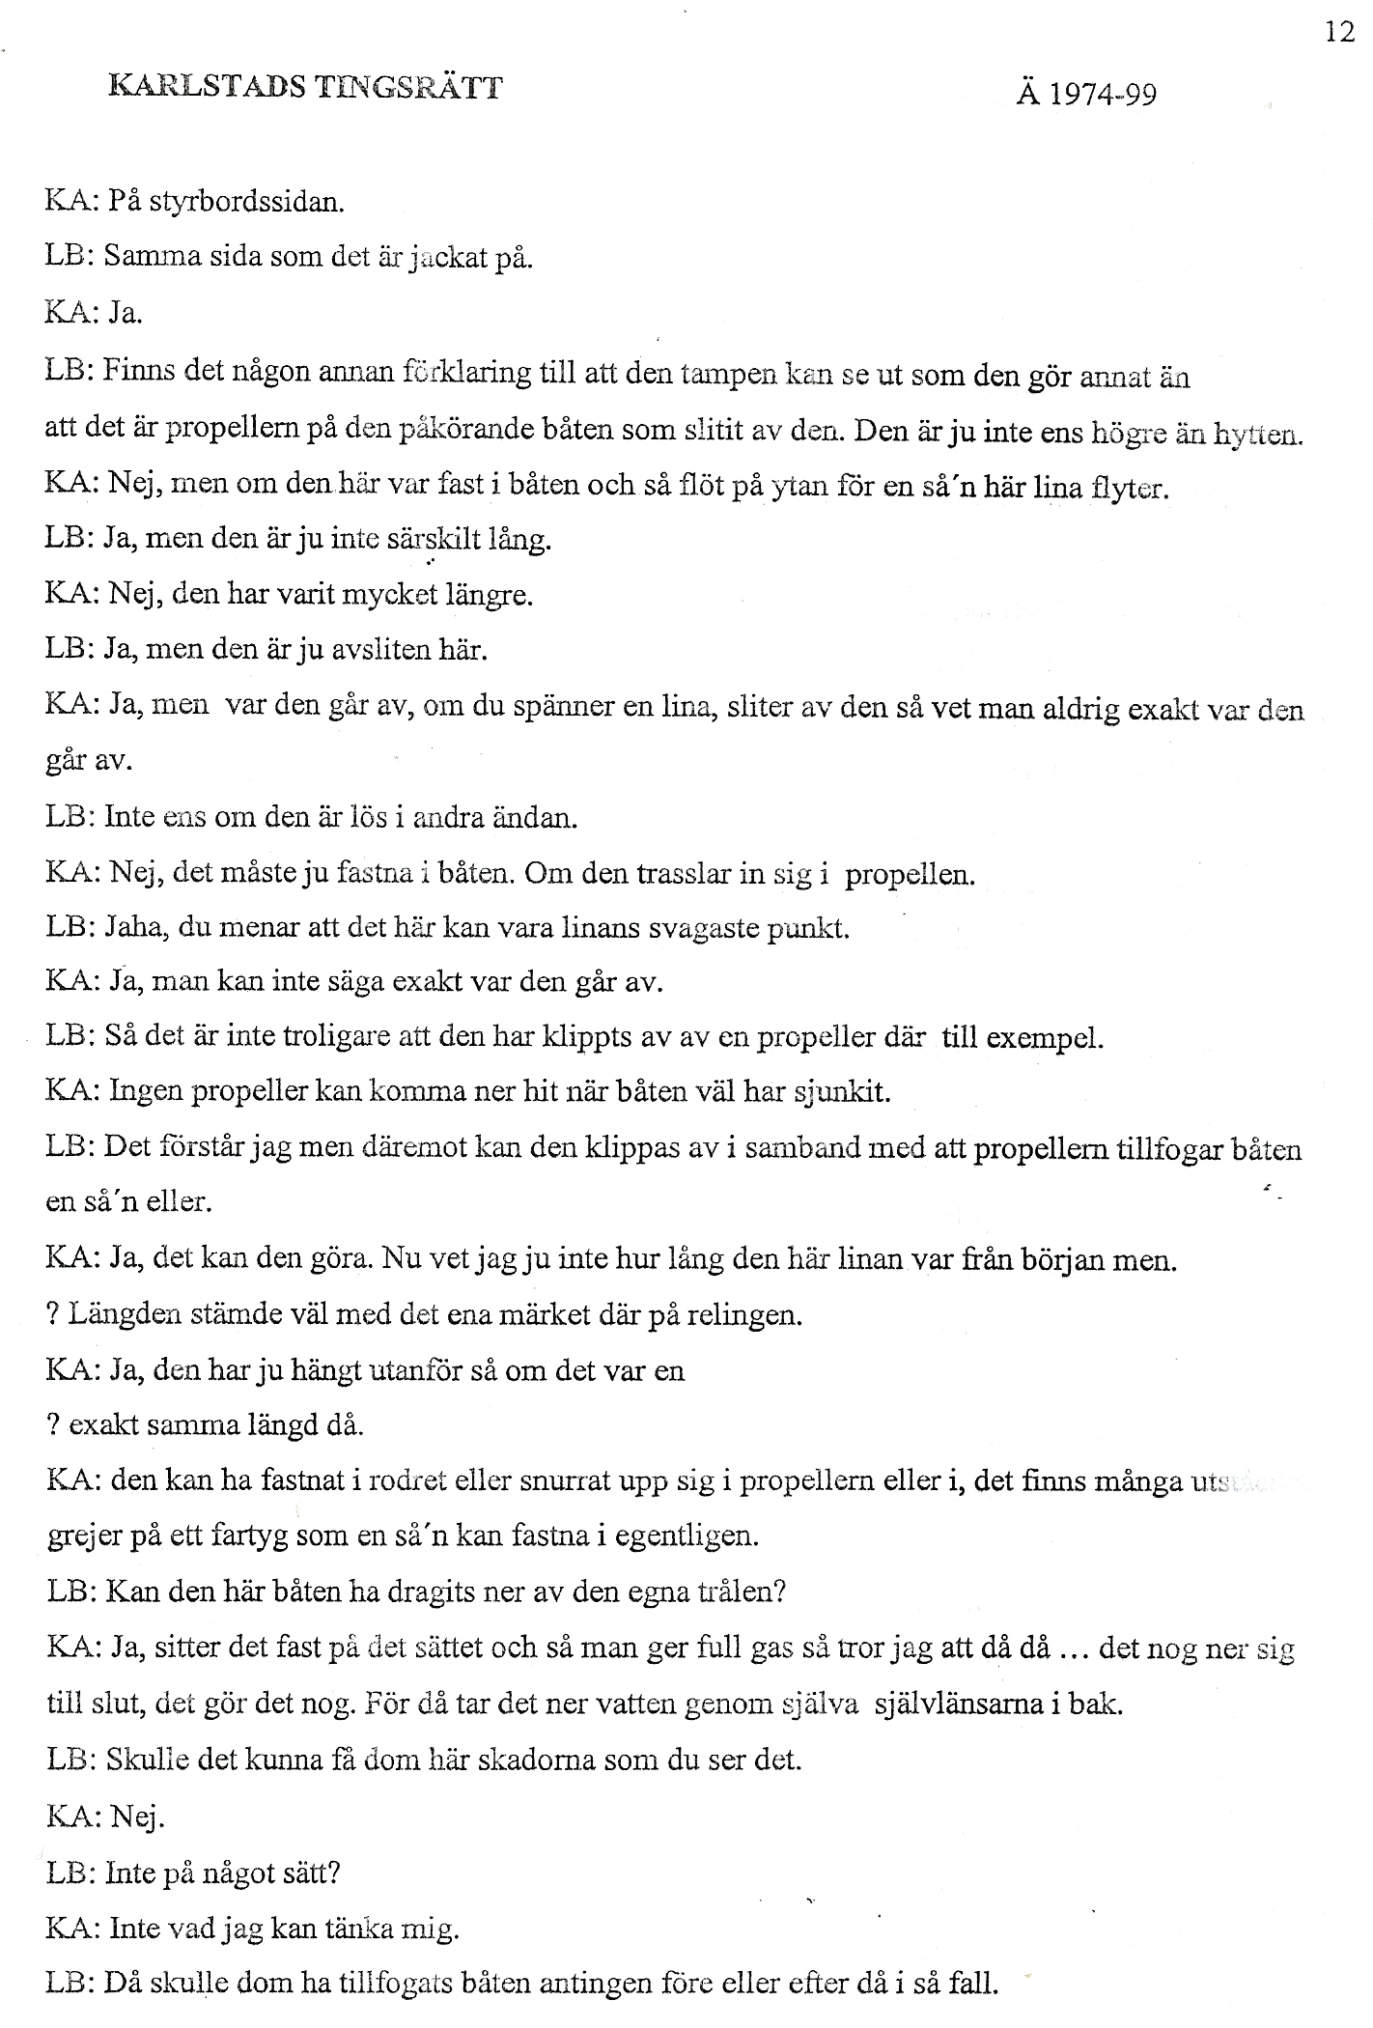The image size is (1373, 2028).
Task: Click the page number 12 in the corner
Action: click(x=1340, y=32)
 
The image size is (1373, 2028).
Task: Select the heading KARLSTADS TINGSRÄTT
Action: click(x=306, y=88)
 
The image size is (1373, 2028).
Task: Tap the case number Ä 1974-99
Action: click(x=1086, y=94)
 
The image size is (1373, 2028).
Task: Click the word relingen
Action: click(x=745, y=1315)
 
